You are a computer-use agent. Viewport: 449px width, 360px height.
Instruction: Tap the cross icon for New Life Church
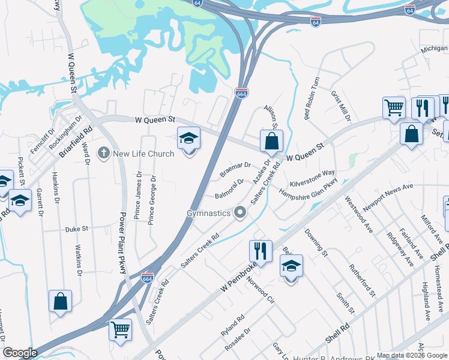[104, 154]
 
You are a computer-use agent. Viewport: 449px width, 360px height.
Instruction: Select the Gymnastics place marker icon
[241, 213]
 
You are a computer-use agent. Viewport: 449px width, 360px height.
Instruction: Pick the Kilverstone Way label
[312, 178]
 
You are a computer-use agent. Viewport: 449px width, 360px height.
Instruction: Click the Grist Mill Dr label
[340, 106]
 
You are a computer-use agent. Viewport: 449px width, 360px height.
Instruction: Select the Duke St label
[77, 229]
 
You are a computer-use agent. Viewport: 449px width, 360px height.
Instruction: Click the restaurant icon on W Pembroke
[261, 249]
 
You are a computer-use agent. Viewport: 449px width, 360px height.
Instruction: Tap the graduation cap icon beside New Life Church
[188, 139]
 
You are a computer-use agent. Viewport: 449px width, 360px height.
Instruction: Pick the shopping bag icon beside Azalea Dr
[271, 141]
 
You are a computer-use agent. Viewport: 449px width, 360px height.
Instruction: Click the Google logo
[20, 353]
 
